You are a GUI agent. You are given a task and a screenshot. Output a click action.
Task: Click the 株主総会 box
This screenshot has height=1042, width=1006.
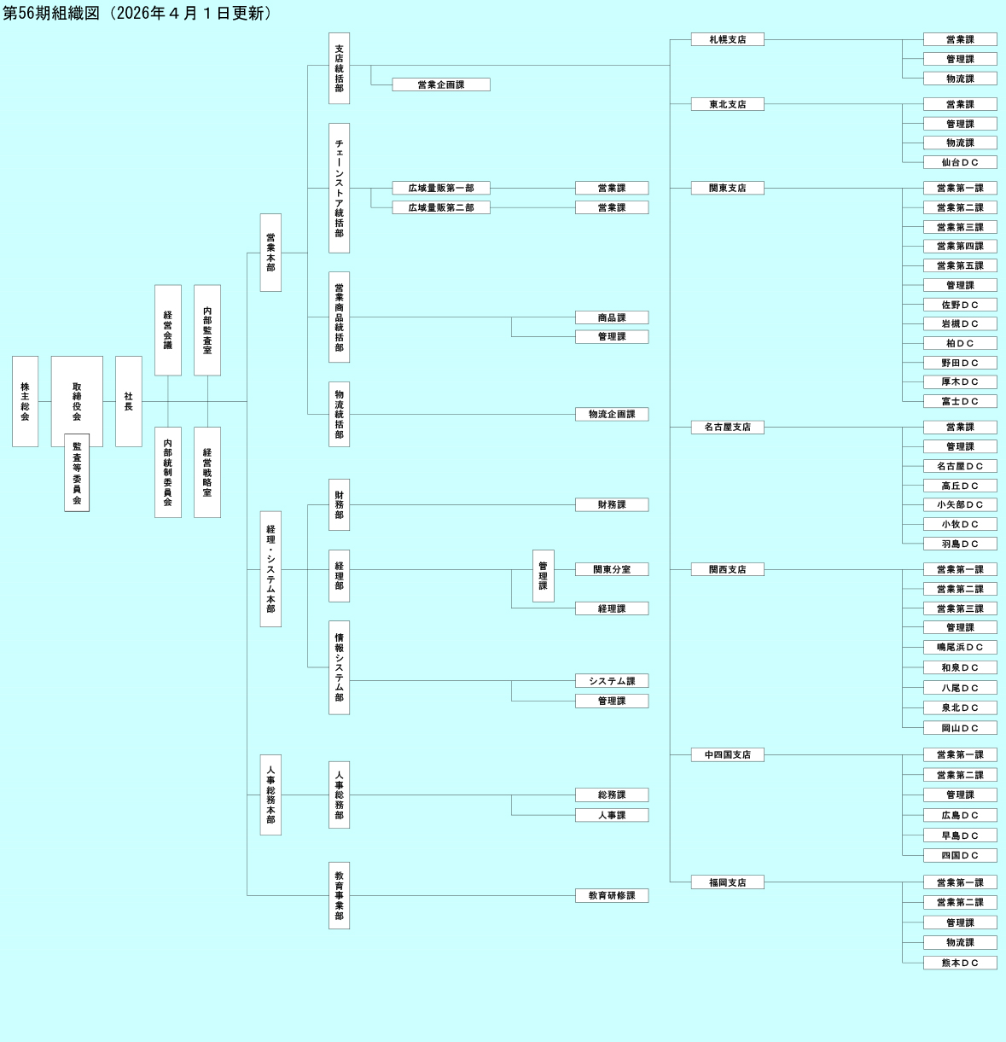tap(25, 401)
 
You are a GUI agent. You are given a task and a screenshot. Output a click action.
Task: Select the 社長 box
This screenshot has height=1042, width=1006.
tap(128, 401)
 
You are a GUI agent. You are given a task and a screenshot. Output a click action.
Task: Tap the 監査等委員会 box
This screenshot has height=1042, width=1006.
tap(77, 474)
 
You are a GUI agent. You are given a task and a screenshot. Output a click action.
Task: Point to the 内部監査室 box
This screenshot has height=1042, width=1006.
tap(207, 330)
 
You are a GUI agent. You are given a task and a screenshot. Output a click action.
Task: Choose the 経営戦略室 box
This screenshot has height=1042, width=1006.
tap(207, 472)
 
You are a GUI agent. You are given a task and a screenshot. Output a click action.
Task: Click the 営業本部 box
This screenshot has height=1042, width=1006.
tap(270, 253)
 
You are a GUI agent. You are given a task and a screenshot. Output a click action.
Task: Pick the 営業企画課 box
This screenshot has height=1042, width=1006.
tap(441, 84)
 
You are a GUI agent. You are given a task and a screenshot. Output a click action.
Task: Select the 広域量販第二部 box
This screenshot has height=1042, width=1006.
tap(441, 207)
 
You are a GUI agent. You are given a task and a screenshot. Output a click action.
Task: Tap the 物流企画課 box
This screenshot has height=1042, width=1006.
tap(612, 414)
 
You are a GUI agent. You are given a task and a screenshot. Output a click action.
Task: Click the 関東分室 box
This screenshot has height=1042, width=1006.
tap(612, 569)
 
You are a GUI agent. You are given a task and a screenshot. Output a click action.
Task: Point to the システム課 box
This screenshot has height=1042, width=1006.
tap(612, 681)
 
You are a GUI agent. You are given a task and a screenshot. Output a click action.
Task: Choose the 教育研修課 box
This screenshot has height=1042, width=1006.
tap(612, 895)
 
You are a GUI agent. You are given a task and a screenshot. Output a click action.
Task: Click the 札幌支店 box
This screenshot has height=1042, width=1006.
tap(727, 39)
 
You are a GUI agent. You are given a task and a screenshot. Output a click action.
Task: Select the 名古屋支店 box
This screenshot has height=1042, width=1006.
tap(727, 427)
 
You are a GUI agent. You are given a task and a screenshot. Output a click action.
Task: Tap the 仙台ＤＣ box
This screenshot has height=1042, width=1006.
tap(960, 162)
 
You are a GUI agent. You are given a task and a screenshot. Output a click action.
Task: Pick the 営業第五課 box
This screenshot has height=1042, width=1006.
tap(960, 265)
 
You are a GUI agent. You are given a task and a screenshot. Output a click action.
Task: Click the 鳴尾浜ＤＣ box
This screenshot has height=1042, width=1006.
tap(960, 647)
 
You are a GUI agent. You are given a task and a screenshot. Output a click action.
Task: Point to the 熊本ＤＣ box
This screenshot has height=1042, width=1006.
tap(960, 963)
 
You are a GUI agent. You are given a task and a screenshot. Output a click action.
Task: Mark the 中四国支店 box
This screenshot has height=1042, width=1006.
tap(727, 754)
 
